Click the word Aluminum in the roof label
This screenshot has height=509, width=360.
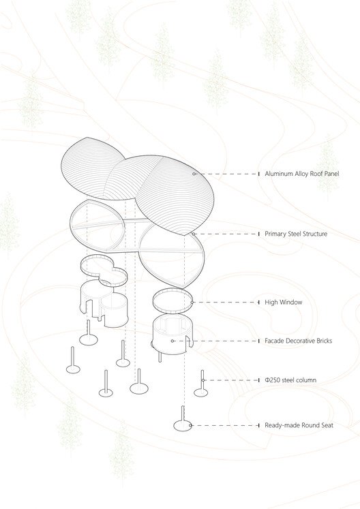pos(279,174)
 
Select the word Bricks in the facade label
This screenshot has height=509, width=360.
pos(321,341)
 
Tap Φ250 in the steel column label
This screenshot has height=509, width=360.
pos(273,380)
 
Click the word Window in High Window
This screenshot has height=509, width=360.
pos(290,302)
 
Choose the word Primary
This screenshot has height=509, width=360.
pos(276,234)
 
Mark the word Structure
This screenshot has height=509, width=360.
pos(313,234)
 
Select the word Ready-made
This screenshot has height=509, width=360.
pos(281,425)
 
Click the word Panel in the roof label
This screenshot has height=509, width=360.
pos(339,174)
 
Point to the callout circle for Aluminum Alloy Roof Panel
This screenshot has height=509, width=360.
pos(194,174)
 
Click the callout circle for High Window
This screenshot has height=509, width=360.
pos(193,302)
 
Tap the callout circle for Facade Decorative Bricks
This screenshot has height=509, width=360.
pos(173,341)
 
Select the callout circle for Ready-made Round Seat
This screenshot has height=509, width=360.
pos(191,425)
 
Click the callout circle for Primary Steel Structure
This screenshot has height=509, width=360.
pos(194,234)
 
